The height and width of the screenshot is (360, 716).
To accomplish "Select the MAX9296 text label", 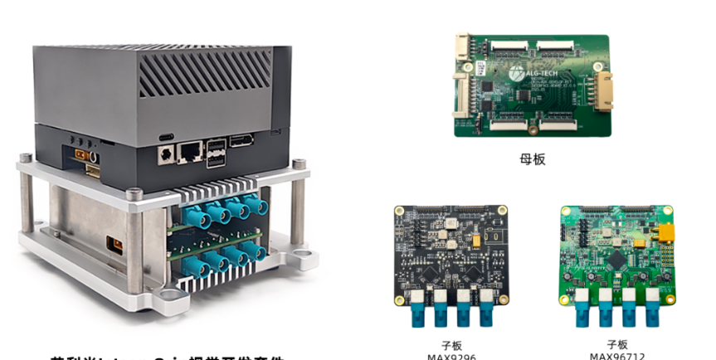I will click(451, 357).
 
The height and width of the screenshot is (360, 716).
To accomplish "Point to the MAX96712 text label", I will click(617, 357).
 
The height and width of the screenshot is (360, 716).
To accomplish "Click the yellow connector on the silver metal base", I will click(110, 246).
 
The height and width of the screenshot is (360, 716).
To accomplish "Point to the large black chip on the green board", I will click(618, 260).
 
